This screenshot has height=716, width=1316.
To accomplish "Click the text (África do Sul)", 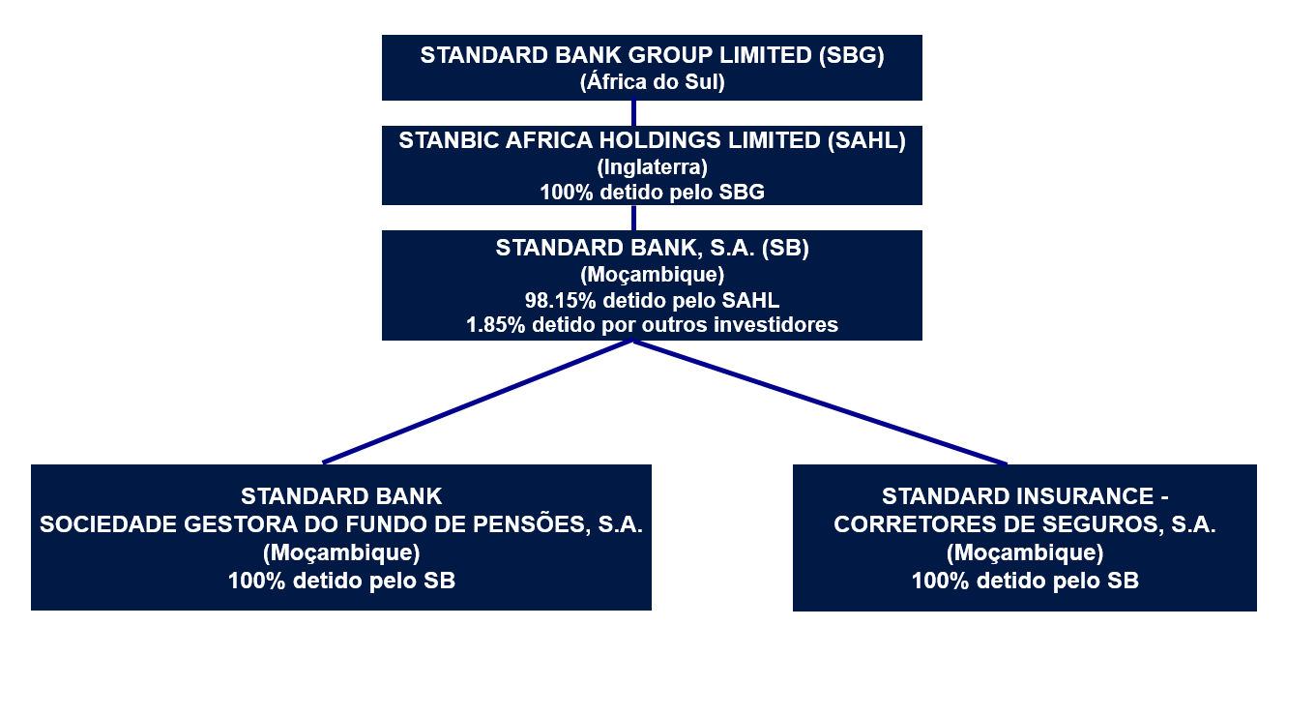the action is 652,81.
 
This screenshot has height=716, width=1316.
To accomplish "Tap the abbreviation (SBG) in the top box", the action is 851,55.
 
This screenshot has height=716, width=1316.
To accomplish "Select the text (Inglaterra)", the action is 652,167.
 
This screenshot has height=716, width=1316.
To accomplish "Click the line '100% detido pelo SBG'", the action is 652,193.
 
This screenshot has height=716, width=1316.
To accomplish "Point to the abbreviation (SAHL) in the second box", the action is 866,140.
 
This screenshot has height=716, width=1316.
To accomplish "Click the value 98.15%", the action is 561,300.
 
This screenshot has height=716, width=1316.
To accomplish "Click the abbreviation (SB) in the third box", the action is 785,248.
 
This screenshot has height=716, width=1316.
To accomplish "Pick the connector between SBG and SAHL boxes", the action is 633,113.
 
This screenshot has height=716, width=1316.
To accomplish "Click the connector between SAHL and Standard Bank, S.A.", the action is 633,218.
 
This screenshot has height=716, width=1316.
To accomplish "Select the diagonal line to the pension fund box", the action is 478,403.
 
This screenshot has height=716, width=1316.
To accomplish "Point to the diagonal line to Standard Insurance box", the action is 820,403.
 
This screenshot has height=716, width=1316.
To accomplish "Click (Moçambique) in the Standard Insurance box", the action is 1025,552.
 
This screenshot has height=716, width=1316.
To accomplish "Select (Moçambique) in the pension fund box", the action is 341,552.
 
